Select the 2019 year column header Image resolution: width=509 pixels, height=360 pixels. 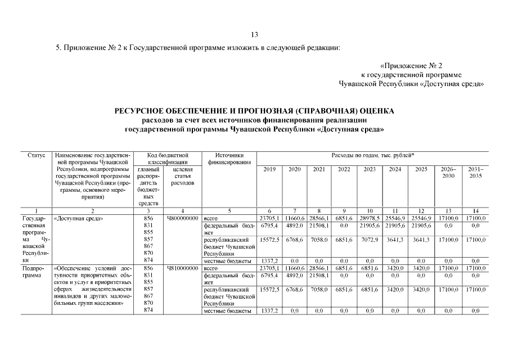(269, 169)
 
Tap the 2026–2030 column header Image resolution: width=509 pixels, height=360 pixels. (451, 173)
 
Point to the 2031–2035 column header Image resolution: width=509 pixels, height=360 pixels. (475, 173)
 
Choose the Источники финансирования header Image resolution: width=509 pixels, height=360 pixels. (229, 159)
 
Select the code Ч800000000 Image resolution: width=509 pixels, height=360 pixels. (182, 218)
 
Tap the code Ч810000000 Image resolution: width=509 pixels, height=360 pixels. (182, 269)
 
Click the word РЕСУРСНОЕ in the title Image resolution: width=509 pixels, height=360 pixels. (147, 111)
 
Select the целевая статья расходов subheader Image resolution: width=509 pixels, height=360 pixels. (182, 176)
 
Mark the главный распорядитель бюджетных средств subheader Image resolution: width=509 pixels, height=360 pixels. (148, 186)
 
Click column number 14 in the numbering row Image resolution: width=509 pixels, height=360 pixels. (475, 210)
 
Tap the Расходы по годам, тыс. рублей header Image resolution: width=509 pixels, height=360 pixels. (372, 155)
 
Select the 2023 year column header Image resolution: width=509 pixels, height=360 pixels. (369, 169)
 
